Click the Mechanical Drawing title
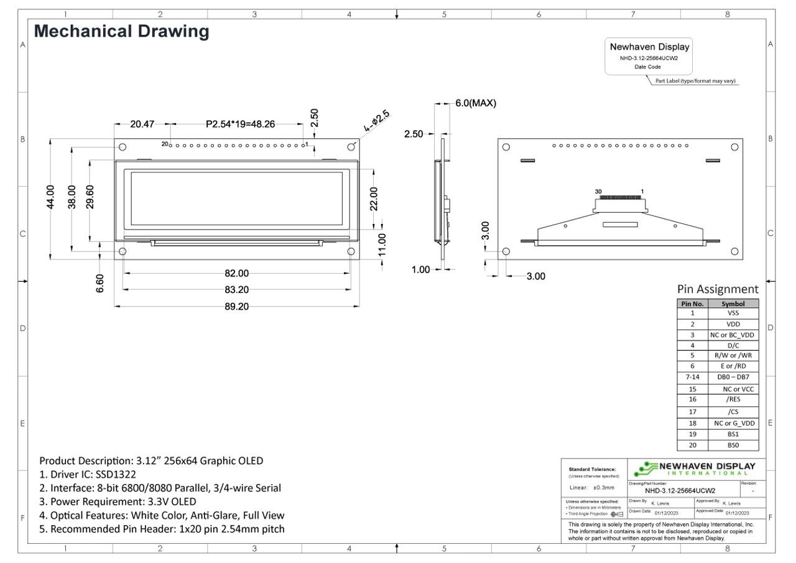pyautogui.click(x=121, y=31)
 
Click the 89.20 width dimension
pyautogui.click(x=236, y=306)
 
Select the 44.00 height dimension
pyautogui.click(x=50, y=198)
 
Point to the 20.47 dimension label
pyautogui.click(x=142, y=124)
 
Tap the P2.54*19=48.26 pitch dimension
pyautogui.click(x=240, y=124)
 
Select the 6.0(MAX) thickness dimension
pyautogui.click(x=476, y=103)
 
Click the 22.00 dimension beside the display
pyautogui.click(x=374, y=199)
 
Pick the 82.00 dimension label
pyautogui.click(x=236, y=273)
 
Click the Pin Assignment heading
pyautogui.click(x=718, y=289)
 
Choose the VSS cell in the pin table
pyautogui.click(x=733, y=314)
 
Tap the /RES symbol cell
pyautogui.click(x=733, y=399)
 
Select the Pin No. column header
pyautogui.click(x=692, y=304)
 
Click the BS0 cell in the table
pyautogui.click(x=733, y=445)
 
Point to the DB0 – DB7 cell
pyautogui.click(x=733, y=377)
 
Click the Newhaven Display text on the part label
pyautogui.click(x=649, y=47)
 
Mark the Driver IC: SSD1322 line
pyautogui.click(x=88, y=475)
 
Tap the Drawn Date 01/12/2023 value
pyautogui.click(x=667, y=513)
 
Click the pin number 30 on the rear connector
pyautogui.click(x=598, y=192)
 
